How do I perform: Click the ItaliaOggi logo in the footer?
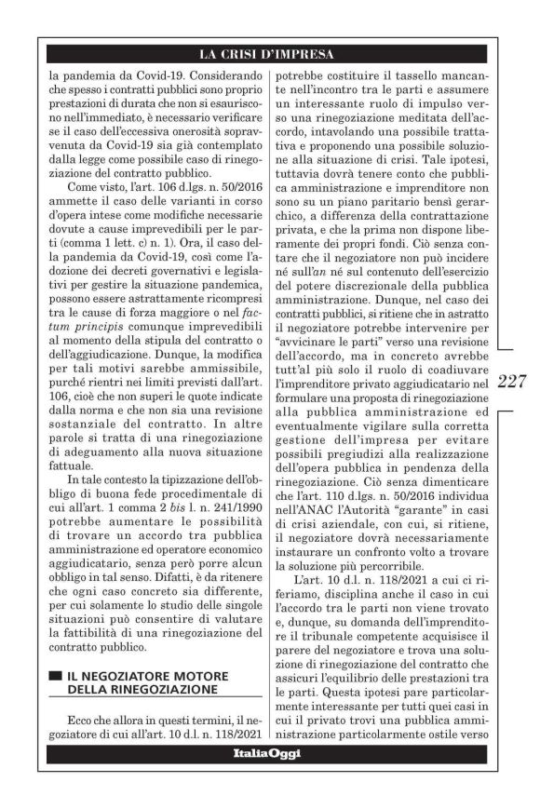click(270, 751)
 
